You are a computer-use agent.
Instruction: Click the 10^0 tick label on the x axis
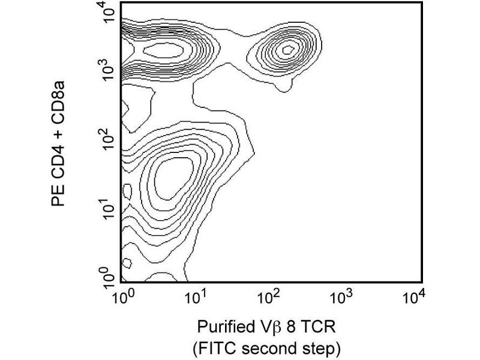[x=122, y=296]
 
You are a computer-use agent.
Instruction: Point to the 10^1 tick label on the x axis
[x=195, y=296]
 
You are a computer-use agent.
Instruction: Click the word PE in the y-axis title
[x=58, y=196]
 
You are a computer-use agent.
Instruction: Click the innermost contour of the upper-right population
[x=288, y=49]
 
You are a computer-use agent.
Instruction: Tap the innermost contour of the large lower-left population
[x=171, y=177]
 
